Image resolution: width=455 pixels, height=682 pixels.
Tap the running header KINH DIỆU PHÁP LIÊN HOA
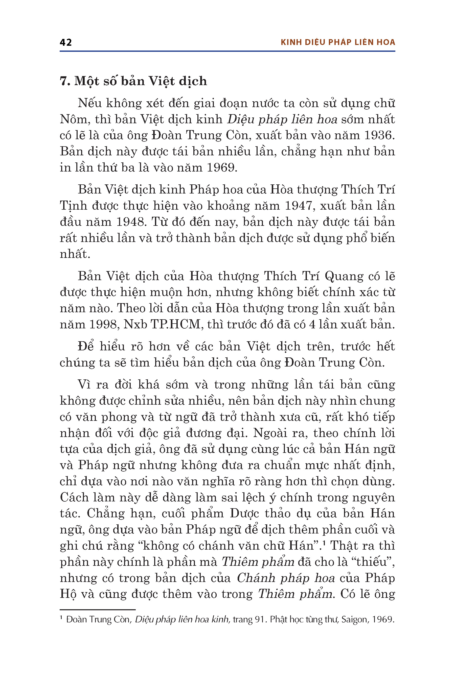(338, 42)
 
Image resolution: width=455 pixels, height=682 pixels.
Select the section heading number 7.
(65, 81)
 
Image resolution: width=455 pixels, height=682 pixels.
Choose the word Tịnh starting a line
(73, 206)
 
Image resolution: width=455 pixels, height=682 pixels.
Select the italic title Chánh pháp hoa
(286, 578)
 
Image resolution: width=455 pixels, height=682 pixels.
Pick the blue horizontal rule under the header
(227, 51)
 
